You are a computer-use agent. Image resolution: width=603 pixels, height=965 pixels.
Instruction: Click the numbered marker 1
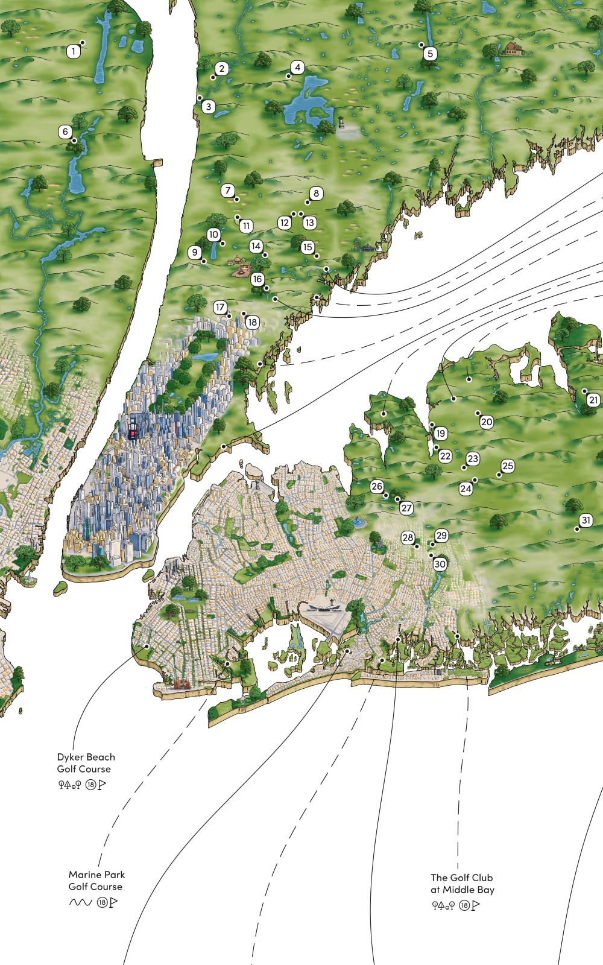click(73, 52)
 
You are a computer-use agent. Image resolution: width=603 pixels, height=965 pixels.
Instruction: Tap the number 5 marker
click(429, 54)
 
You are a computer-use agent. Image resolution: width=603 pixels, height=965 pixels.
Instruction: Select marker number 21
click(593, 400)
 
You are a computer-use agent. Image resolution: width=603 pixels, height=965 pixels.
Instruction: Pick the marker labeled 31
click(586, 520)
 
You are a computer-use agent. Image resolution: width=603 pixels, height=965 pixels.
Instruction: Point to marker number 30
click(440, 564)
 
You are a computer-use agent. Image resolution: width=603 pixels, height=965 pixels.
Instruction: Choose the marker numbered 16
click(257, 279)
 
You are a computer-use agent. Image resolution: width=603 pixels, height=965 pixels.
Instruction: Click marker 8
click(315, 194)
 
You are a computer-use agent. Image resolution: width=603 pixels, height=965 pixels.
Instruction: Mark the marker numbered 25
click(508, 466)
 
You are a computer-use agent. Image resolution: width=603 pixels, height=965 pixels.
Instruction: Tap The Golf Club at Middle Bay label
click(462, 884)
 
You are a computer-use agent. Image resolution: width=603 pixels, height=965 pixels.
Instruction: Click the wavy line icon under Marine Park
click(80, 903)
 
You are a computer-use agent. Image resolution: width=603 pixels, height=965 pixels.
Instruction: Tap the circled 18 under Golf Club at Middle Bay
click(464, 905)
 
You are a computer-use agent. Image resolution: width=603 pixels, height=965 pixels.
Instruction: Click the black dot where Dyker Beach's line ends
click(147, 646)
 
